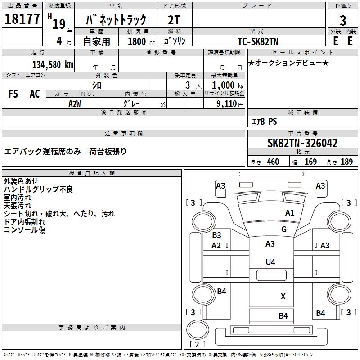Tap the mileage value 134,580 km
[53, 65]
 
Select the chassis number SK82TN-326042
[302, 144]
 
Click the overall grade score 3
[343, 21]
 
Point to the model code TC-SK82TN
[258, 41]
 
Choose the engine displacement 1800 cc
[138, 41]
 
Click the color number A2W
[75, 103]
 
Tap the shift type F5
[13, 94]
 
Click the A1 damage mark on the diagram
[290, 213]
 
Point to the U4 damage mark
[270, 262]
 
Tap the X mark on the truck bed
[283, 297]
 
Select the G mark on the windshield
[284, 229]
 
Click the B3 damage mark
[216, 235]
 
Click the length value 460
[273, 162]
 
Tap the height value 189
[346, 162]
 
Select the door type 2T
[175, 20]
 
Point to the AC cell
[35, 94]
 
